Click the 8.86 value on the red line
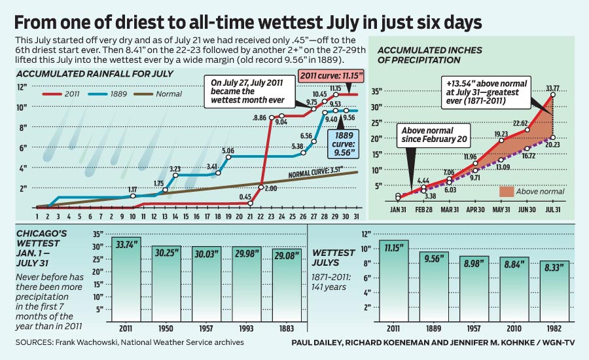260,117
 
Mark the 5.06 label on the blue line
228,151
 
